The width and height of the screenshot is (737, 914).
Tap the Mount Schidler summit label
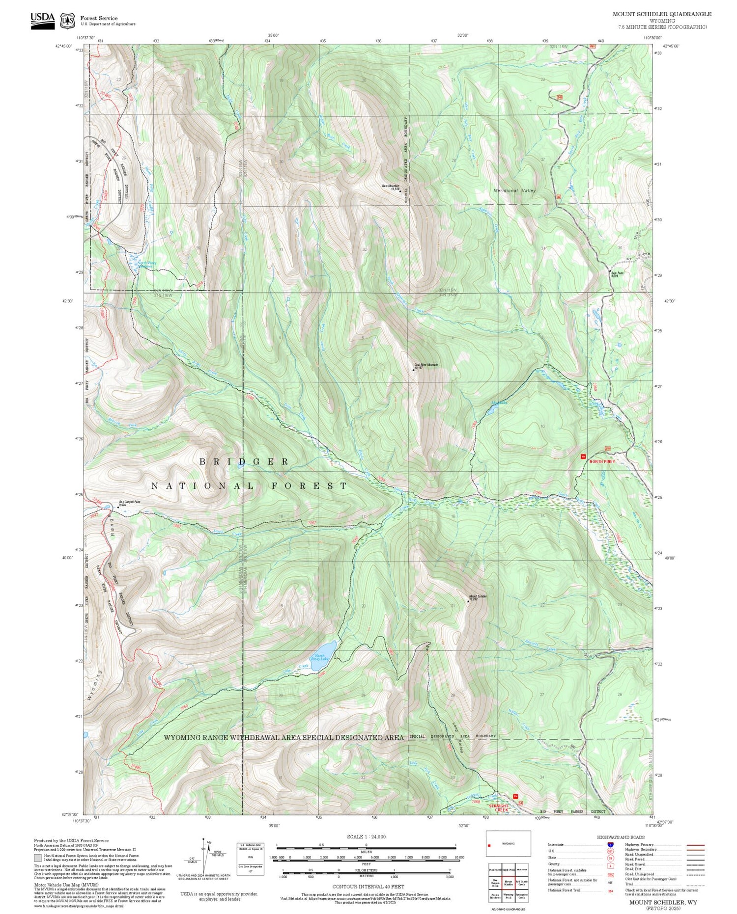[478, 597]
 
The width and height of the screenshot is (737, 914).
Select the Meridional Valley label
[514, 190]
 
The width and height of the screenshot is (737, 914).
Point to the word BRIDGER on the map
[244, 461]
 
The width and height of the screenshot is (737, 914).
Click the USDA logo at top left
[42, 20]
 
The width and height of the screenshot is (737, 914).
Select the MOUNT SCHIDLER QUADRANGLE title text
[661, 14]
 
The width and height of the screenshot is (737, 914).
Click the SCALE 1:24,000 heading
[366, 837]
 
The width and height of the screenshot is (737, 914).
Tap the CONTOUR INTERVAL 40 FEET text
[368, 887]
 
